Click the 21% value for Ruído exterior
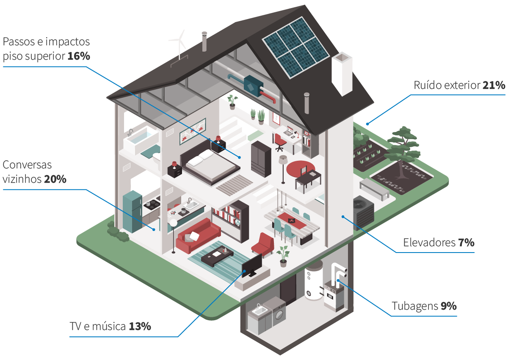[494, 85]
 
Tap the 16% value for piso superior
[79, 56]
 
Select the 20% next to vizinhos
[55, 179]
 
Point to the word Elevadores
[429, 243]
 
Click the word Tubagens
[415, 306]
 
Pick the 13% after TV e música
[140, 327]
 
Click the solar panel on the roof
[295, 47]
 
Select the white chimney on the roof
[342, 74]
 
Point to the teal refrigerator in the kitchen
[133, 212]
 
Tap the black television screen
[252, 266]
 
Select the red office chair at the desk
[280, 142]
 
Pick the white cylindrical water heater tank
[313, 280]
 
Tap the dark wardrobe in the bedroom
[261, 159]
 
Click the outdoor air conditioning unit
[363, 213]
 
